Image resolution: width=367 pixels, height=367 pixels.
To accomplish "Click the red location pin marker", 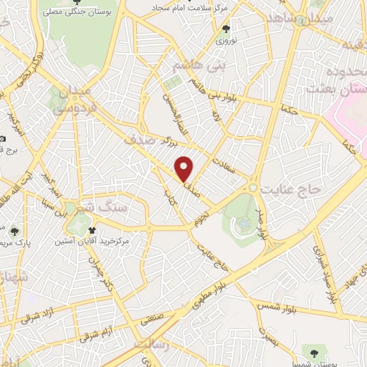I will click(185, 168).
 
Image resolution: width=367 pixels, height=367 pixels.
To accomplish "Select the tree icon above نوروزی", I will click(227, 29).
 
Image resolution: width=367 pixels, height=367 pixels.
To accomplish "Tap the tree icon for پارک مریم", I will click(14, 231).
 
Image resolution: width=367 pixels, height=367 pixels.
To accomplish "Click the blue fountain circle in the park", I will click(245, 224).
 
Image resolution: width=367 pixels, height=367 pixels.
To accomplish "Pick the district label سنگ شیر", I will click(108, 206).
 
